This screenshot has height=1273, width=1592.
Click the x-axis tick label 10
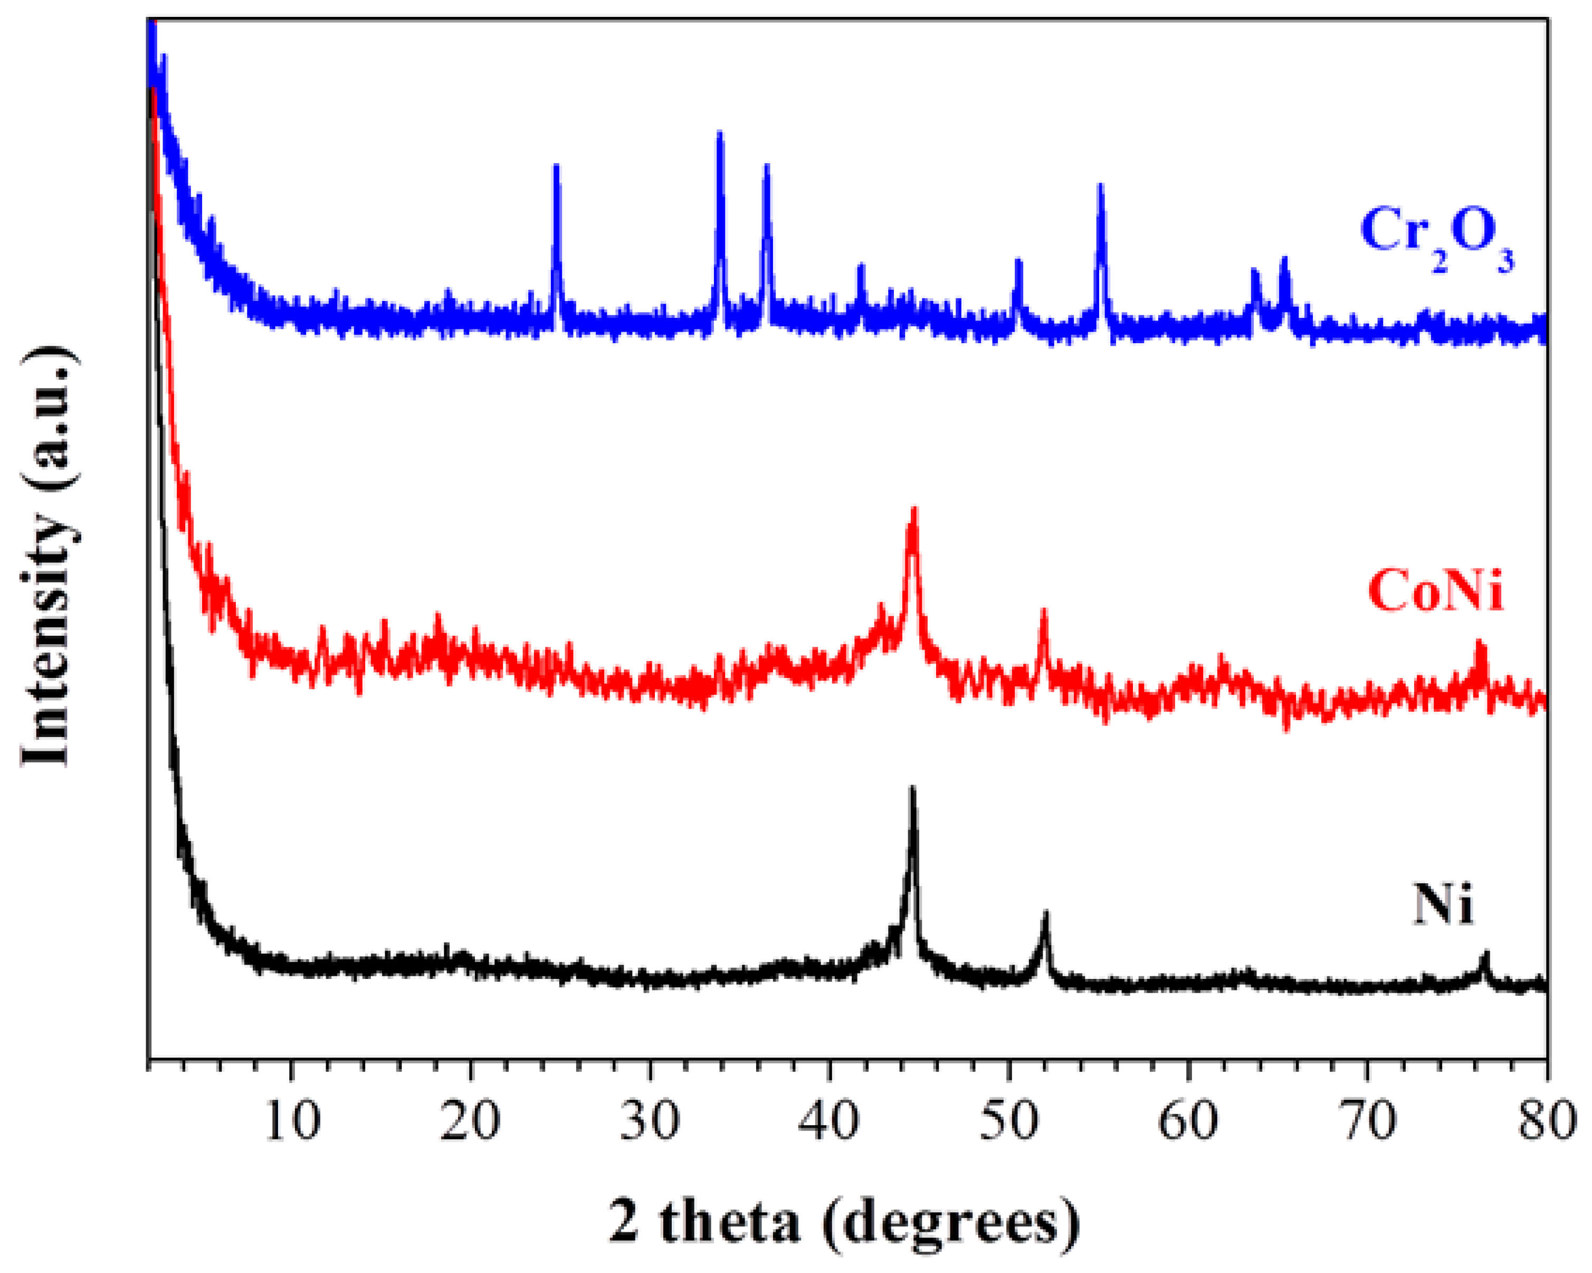point(292,1121)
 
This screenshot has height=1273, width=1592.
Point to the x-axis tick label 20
point(471,1121)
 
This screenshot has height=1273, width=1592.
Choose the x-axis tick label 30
point(650,1121)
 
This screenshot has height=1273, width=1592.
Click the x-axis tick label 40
point(829,1121)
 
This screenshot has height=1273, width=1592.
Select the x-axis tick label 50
point(1009,1121)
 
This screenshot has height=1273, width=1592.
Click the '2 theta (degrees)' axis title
point(844,1223)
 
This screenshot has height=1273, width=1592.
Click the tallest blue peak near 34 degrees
point(720,137)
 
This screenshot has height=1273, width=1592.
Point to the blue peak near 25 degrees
point(557,168)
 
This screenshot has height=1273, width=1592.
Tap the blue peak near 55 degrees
point(1100,188)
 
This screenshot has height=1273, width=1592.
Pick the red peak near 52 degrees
point(1043,613)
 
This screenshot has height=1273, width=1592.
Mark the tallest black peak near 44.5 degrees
point(913,790)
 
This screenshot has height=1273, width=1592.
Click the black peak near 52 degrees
point(1045,914)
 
